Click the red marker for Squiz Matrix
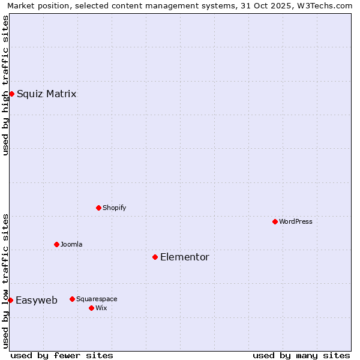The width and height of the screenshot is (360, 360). [x=11, y=94]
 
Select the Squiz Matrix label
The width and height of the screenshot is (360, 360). [x=46, y=94]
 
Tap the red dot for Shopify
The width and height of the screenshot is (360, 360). [x=98, y=208]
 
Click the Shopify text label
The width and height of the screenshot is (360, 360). [x=114, y=208]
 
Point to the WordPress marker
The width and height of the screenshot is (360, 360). [x=275, y=221]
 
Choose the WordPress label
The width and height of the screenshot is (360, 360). [x=295, y=221]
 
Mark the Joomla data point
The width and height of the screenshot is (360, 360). [x=56, y=244]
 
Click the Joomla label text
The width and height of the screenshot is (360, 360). [x=71, y=244]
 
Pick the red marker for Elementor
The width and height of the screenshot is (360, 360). [x=155, y=257]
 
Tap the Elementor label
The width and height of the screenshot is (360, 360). [x=184, y=257]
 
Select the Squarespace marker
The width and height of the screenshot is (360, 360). [x=72, y=299]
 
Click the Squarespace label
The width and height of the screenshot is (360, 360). [x=97, y=299]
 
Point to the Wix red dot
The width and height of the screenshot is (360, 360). [x=91, y=308]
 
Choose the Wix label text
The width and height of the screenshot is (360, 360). [x=101, y=308]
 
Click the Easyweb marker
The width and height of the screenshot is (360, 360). [x=10, y=300]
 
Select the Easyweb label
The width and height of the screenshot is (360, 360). [x=36, y=300]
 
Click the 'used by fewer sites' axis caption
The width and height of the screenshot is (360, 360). [x=62, y=355]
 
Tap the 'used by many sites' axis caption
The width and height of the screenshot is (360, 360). [x=301, y=355]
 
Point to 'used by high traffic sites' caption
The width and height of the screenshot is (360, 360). [x=5, y=85]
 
